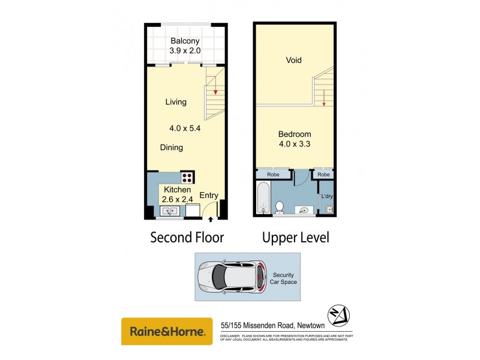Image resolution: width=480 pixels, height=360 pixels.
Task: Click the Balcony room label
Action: click(185, 41)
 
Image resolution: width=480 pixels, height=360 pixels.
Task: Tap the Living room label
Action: click(176, 102)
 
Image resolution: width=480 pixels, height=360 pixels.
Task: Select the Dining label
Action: click(172, 148)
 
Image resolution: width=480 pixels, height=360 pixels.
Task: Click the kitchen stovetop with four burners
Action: click(188, 177)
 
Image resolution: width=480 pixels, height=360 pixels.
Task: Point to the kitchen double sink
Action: click(170, 211)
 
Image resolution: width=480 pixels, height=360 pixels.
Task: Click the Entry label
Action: click(209, 195)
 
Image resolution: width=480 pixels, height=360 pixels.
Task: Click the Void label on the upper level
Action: click(293, 60)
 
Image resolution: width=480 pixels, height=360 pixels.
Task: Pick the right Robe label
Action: click(324, 175)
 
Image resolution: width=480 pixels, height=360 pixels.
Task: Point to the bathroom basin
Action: click(304, 210)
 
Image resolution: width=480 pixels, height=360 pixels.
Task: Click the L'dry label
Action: click(326, 196)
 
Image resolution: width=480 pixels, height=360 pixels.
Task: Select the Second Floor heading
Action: click(187, 238)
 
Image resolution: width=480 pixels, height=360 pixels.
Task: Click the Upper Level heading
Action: click(296, 238)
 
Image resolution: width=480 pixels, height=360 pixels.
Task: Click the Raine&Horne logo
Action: click(167, 331)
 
